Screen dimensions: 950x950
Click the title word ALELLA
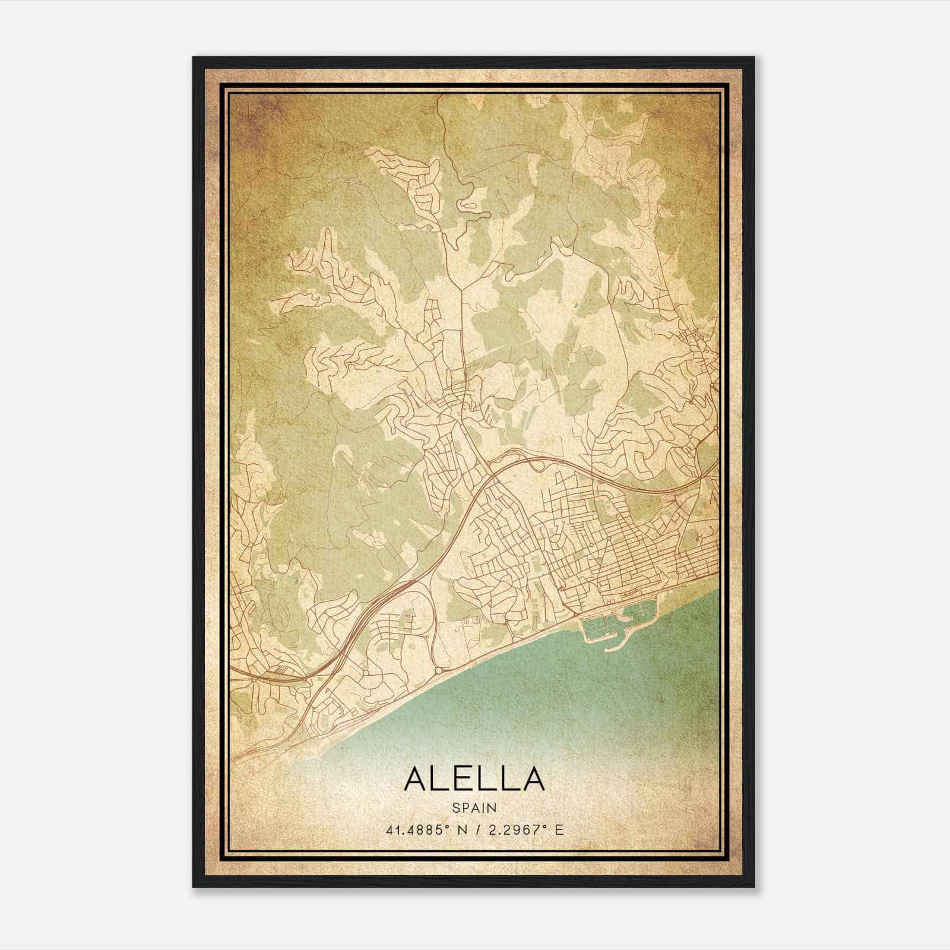[x=474, y=778]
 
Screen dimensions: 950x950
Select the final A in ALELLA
[x=533, y=778]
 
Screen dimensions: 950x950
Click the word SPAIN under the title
[x=474, y=807]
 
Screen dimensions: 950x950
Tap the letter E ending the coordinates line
[x=559, y=829]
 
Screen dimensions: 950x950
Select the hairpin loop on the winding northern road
[x=468, y=205]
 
